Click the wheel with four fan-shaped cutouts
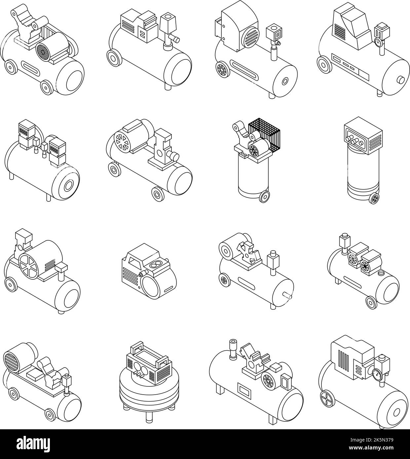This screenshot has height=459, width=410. (326, 396)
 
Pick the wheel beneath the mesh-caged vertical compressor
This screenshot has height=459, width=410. (264, 197)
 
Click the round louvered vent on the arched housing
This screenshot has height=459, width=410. (250, 39)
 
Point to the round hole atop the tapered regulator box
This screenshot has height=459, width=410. (168, 16)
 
